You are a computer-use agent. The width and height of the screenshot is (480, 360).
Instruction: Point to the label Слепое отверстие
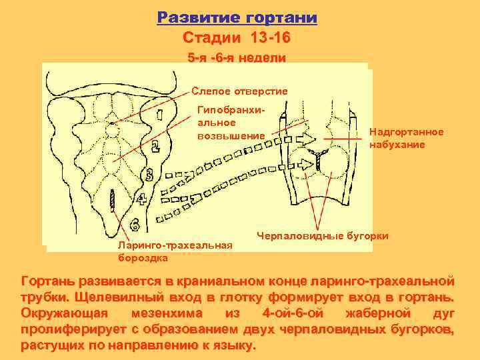(239, 91)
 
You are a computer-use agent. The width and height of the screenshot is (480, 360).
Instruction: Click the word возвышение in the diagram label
(231, 135)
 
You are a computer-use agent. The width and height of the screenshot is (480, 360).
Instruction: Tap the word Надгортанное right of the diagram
(406, 133)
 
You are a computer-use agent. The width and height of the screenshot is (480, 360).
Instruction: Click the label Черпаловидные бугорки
(323, 235)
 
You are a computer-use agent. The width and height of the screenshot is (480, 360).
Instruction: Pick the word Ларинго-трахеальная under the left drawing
(175, 245)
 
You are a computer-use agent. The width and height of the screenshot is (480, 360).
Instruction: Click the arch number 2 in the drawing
(155, 145)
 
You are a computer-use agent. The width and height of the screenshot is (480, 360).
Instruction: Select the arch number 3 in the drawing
(149, 175)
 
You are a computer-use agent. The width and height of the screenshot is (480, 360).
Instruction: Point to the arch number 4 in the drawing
(142, 198)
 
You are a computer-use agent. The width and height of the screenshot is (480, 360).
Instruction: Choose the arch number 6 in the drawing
(134, 223)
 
